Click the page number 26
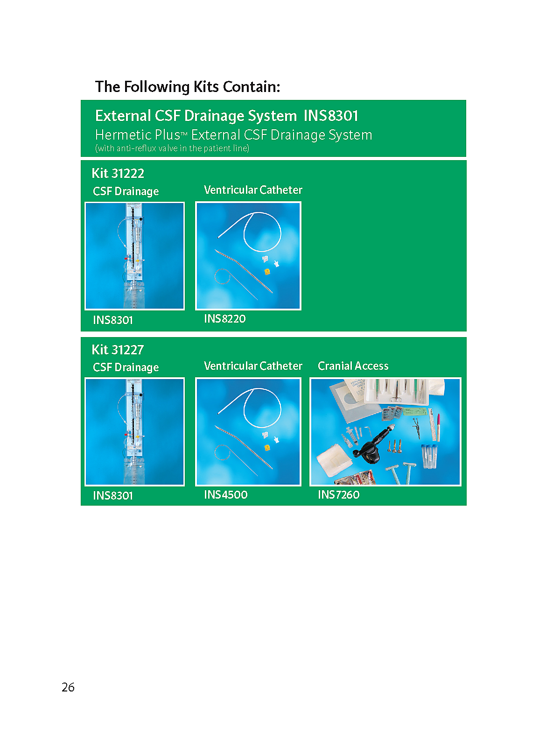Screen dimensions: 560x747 point(68,687)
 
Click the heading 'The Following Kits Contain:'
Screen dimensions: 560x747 point(187,87)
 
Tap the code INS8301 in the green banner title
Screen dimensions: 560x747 point(330,116)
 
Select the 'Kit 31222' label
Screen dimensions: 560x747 point(118,173)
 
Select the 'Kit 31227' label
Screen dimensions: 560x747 point(118,350)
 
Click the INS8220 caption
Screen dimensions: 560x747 point(225,319)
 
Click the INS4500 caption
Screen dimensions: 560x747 point(226,494)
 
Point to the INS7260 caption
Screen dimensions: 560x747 point(339,494)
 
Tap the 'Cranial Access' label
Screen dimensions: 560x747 point(353,366)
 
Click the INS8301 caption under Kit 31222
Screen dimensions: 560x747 point(113,320)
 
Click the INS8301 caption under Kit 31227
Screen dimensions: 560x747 point(113,495)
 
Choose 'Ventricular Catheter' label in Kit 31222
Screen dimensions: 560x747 point(253,190)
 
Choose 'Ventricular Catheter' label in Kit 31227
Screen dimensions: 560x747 point(253,366)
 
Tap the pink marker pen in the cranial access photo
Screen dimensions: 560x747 point(438,427)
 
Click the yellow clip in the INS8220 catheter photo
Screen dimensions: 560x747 point(267,271)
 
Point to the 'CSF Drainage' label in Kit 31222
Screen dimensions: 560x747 point(126,191)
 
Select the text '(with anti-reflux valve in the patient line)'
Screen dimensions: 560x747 point(172,148)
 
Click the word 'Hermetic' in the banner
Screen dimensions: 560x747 point(124,135)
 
